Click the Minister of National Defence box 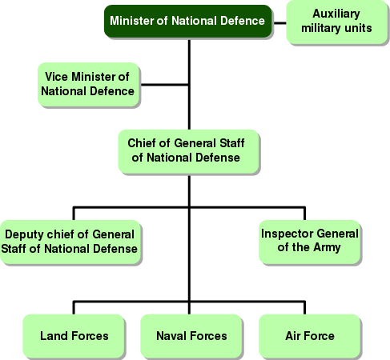click(x=188, y=21)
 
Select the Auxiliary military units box click(x=336, y=22)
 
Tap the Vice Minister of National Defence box click(x=88, y=84)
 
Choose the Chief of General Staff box click(x=188, y=151)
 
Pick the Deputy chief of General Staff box click(x=70, y=242)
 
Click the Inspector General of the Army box click(x=310, y=242)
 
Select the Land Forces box click(x=74, y=336)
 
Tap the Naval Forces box click(x=191, y=336)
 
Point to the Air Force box click(x=310, y=336)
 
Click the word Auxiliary click(x=336, y=14)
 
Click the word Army click(x=327, y=248)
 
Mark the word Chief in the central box click(x=142, y=143)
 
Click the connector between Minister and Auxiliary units click(x=279, y=23)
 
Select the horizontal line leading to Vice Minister click(x=165, y=85)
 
